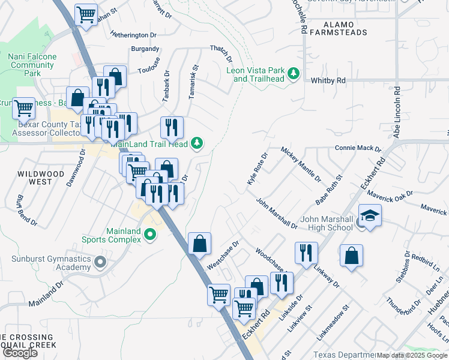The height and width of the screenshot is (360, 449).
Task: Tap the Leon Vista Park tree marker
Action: click(x=294, y=74)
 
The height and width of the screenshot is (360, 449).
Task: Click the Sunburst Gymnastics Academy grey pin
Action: click(x=100, y=262)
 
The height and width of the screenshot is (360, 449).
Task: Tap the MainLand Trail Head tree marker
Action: click(x=196, y=144)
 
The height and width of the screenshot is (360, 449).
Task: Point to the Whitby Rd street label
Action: click(x=328, y=80)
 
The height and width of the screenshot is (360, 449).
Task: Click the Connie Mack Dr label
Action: click(x=358, y=148)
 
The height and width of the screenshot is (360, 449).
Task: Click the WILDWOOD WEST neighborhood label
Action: click(x=41, y=177)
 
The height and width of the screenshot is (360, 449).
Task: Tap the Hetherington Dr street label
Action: click(x=133, y=35)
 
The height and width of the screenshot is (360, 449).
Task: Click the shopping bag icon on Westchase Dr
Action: click(x=199, y=244)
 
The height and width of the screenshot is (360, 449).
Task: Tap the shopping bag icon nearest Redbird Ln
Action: click(x=351, y=256)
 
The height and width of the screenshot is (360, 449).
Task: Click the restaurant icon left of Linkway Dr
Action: click(x=306, y=253)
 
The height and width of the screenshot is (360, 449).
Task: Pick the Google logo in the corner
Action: click(x=20, y=353)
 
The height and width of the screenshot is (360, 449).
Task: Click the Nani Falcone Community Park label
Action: click(x=32, y=65)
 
